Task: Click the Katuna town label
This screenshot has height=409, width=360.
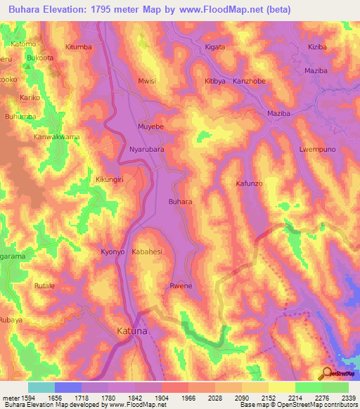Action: pos(131,330)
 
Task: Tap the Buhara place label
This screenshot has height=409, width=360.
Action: pos(180,202)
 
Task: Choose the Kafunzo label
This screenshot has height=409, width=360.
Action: pos(249,183)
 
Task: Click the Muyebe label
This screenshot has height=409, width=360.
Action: pos(150,127)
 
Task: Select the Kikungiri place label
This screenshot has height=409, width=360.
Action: pos(110,180)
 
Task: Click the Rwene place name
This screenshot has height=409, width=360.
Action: pos(181,285)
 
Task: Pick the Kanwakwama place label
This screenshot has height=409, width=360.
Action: pos(57,137)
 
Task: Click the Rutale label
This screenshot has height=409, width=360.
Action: pos(44,286)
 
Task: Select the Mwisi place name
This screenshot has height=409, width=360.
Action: pos(146,81)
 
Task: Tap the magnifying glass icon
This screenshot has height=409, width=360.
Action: pos(326,372)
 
